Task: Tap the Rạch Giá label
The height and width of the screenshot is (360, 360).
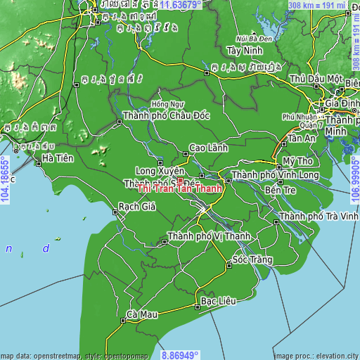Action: [x=138, y=207]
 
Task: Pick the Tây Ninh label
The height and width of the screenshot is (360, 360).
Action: [x=244, y=51]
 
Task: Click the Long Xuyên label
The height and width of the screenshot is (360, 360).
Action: [x=160, y=171]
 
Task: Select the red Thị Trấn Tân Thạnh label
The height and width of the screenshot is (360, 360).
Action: [x=181, y=188]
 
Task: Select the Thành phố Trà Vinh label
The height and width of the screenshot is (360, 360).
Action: [x=319, y=216]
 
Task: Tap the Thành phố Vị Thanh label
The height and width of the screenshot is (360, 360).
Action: [x=208, y=236]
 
